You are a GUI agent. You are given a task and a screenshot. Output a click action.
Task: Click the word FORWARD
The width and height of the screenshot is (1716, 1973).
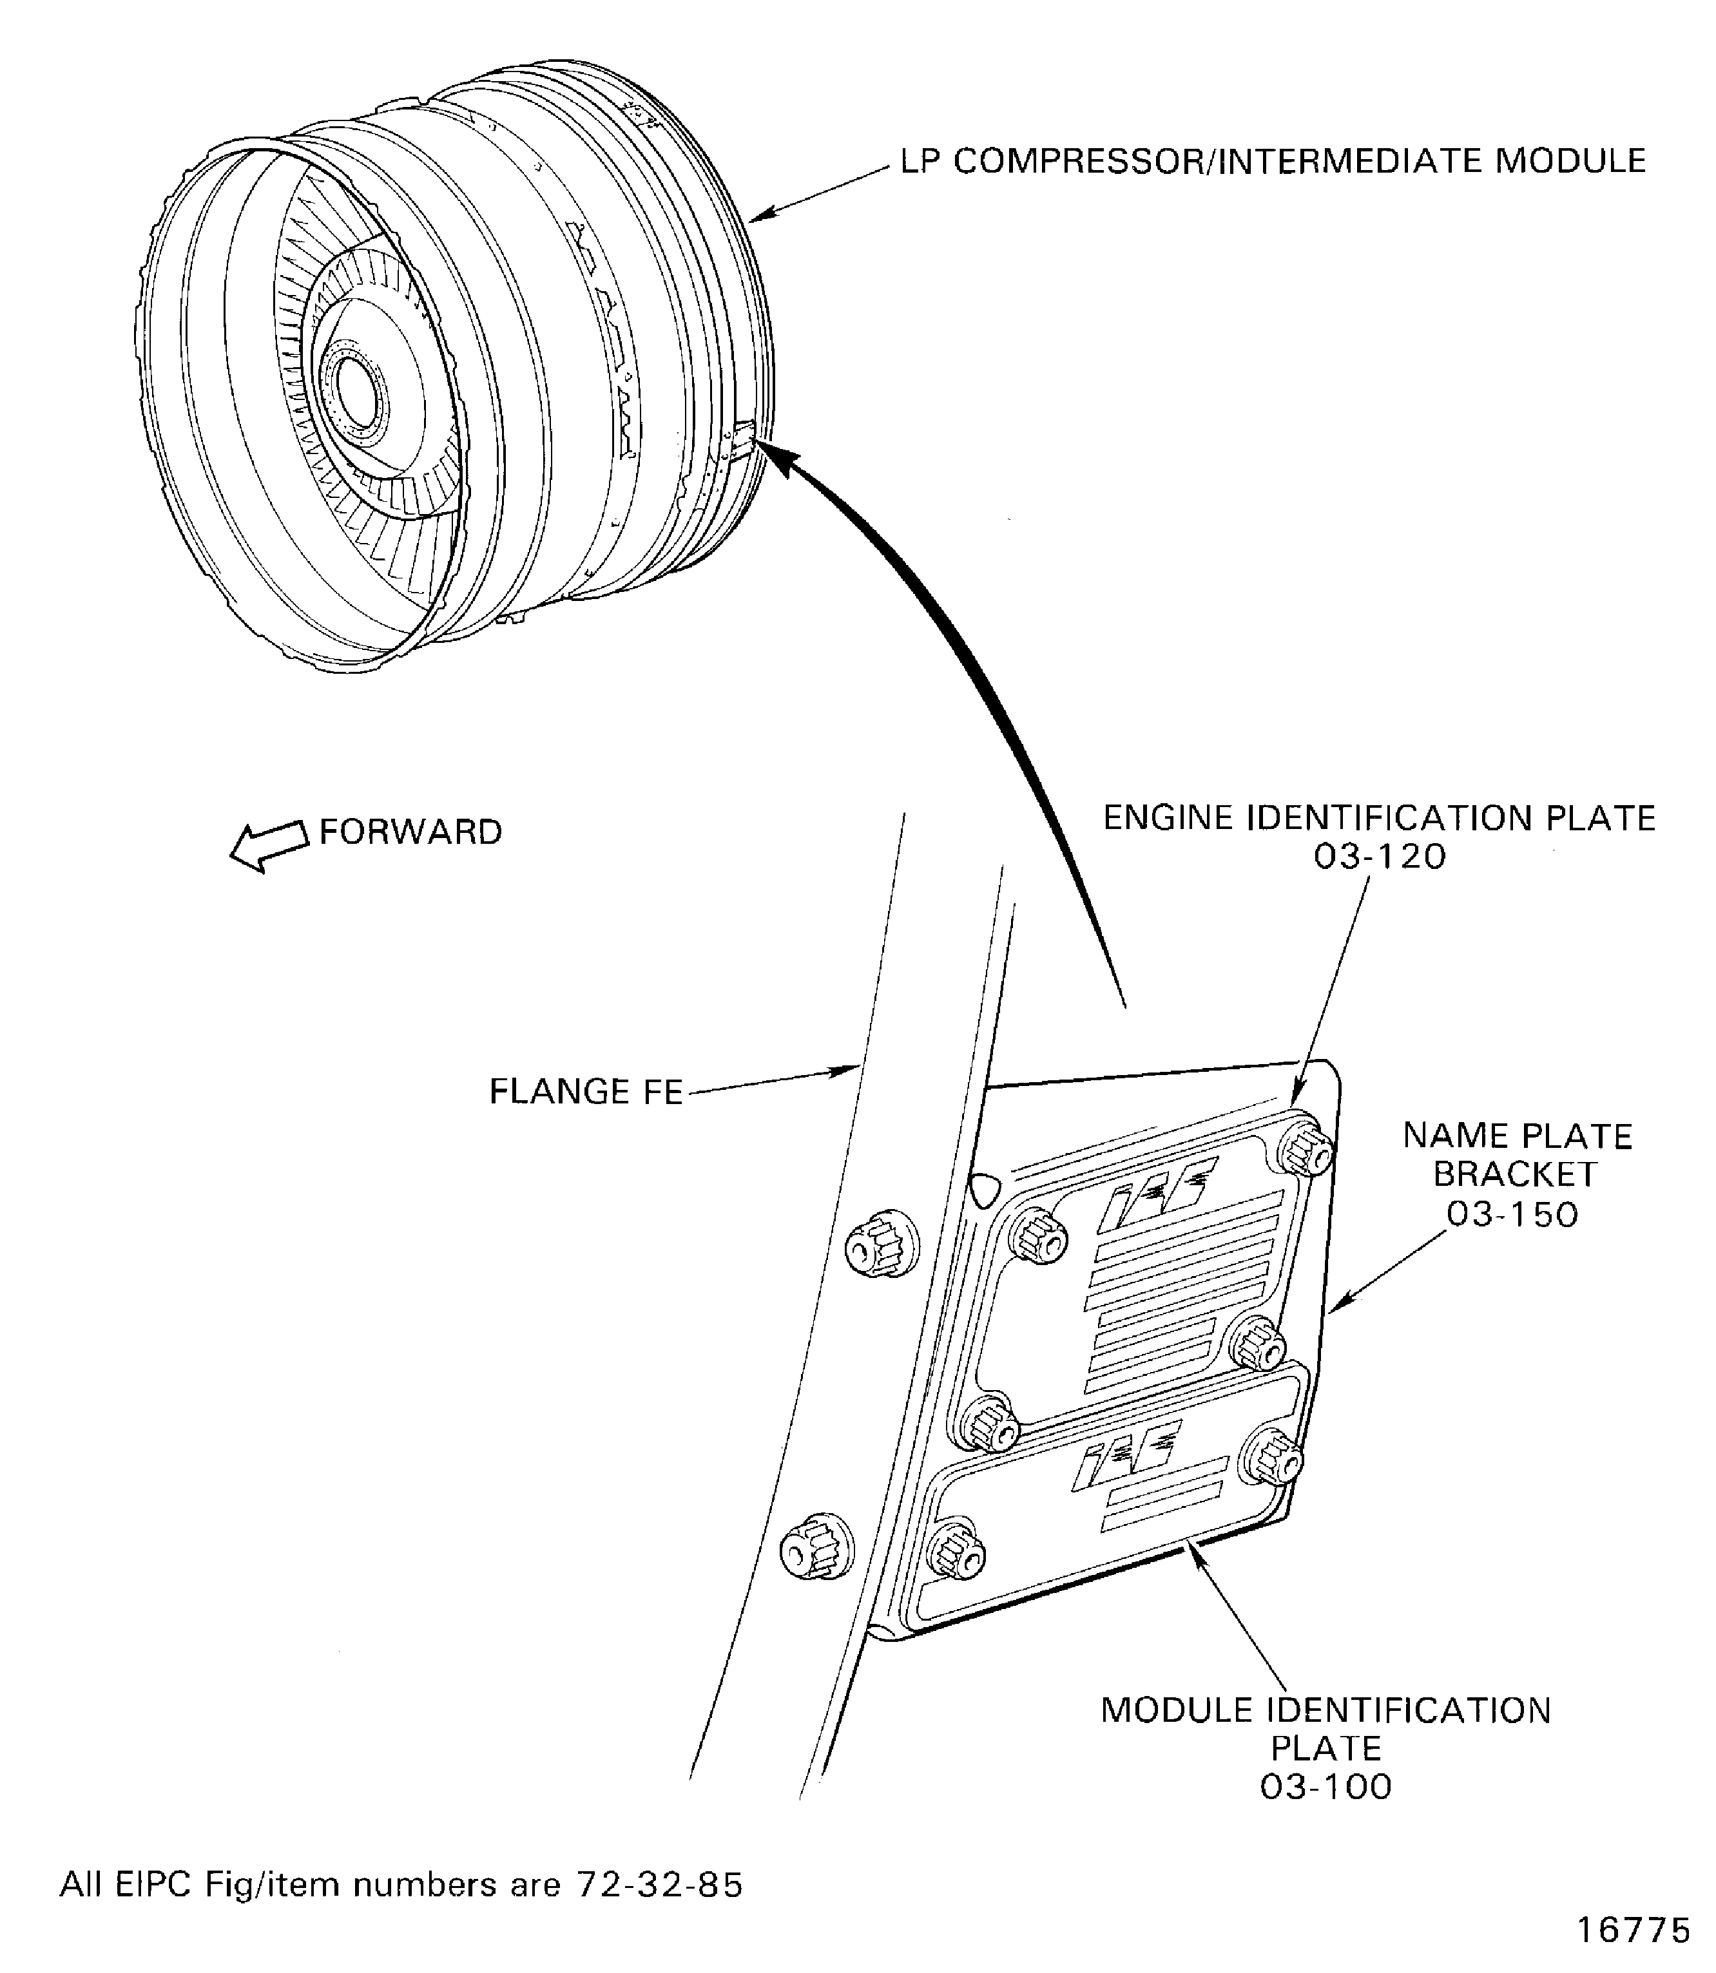click(411, 832)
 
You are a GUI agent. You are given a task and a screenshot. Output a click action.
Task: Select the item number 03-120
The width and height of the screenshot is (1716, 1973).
click(1379, 857)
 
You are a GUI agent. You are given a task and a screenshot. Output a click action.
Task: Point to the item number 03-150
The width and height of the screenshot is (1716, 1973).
click(1512, 1215)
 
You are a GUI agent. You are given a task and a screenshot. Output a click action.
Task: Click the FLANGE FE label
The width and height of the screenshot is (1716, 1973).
click(586, 1091)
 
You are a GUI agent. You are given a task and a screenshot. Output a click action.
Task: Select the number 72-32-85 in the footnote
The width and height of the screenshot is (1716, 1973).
click(658, 1885)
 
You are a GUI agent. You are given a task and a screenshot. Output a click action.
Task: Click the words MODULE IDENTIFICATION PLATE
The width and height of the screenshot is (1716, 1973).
click(1326, 1729)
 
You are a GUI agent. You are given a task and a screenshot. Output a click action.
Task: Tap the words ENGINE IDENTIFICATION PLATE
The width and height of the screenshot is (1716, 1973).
click(1379, 819)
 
